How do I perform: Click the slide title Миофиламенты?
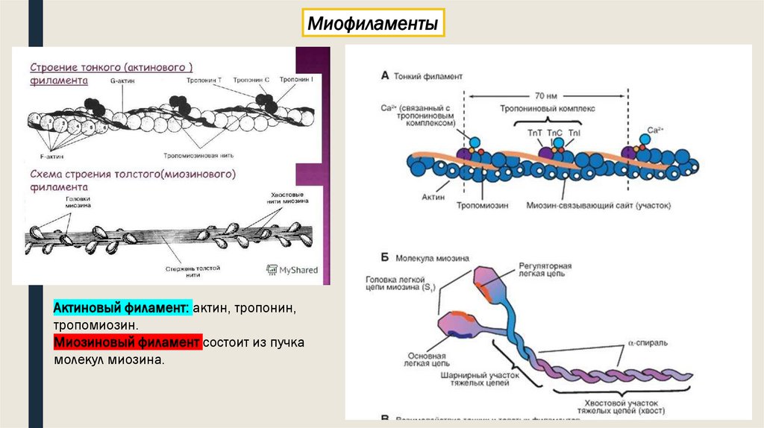373,25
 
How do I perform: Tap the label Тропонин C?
246,80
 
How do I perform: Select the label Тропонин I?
293,80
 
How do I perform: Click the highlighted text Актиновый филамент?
122,309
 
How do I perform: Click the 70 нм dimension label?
546,95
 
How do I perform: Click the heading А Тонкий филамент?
422,76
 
